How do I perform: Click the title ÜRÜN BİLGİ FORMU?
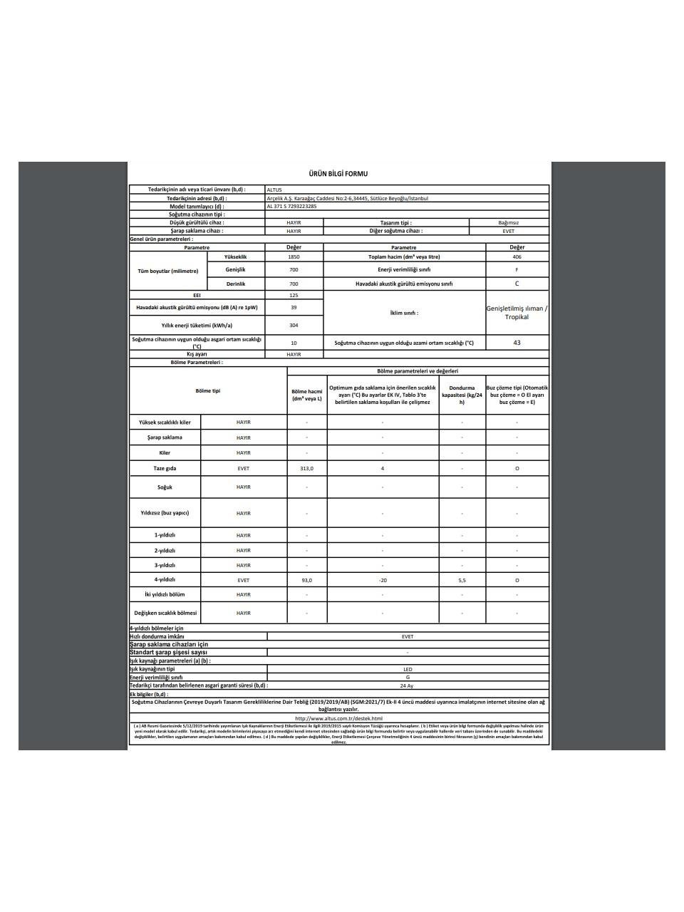(x=338, y=174)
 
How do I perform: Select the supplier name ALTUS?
(x=274, y=190)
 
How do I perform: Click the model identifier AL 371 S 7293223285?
(x=291, y=206)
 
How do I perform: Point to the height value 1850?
(x=294, y=256)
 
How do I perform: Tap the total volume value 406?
(x=517, y=256)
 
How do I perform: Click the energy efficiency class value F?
(x=517, y=270)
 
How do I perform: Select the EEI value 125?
(x=294, y=295)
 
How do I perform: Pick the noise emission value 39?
(x=294, y=308)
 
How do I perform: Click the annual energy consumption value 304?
(x=294, y=326)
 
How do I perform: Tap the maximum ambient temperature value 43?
(x=517, y=343)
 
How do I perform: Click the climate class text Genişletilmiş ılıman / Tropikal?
(x=517, y=313)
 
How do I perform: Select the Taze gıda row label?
(x=165, y=469)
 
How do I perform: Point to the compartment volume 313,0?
(x=306, y=469)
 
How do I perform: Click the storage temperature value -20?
(x=383, y=581)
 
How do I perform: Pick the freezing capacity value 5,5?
(x=462, y=581)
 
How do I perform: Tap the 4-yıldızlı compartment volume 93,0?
(x=306, y=581)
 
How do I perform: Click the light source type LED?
(x=408, y=670)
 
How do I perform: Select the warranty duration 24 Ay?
(x=407, y=685)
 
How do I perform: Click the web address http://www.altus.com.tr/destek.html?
(x=338, y=718)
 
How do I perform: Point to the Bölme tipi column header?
(x=208, y=390)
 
